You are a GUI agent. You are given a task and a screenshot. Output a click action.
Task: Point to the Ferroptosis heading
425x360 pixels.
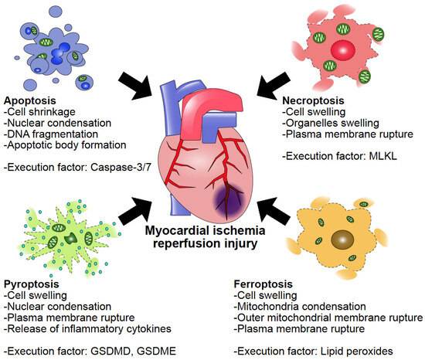click(x=262, y=284)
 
